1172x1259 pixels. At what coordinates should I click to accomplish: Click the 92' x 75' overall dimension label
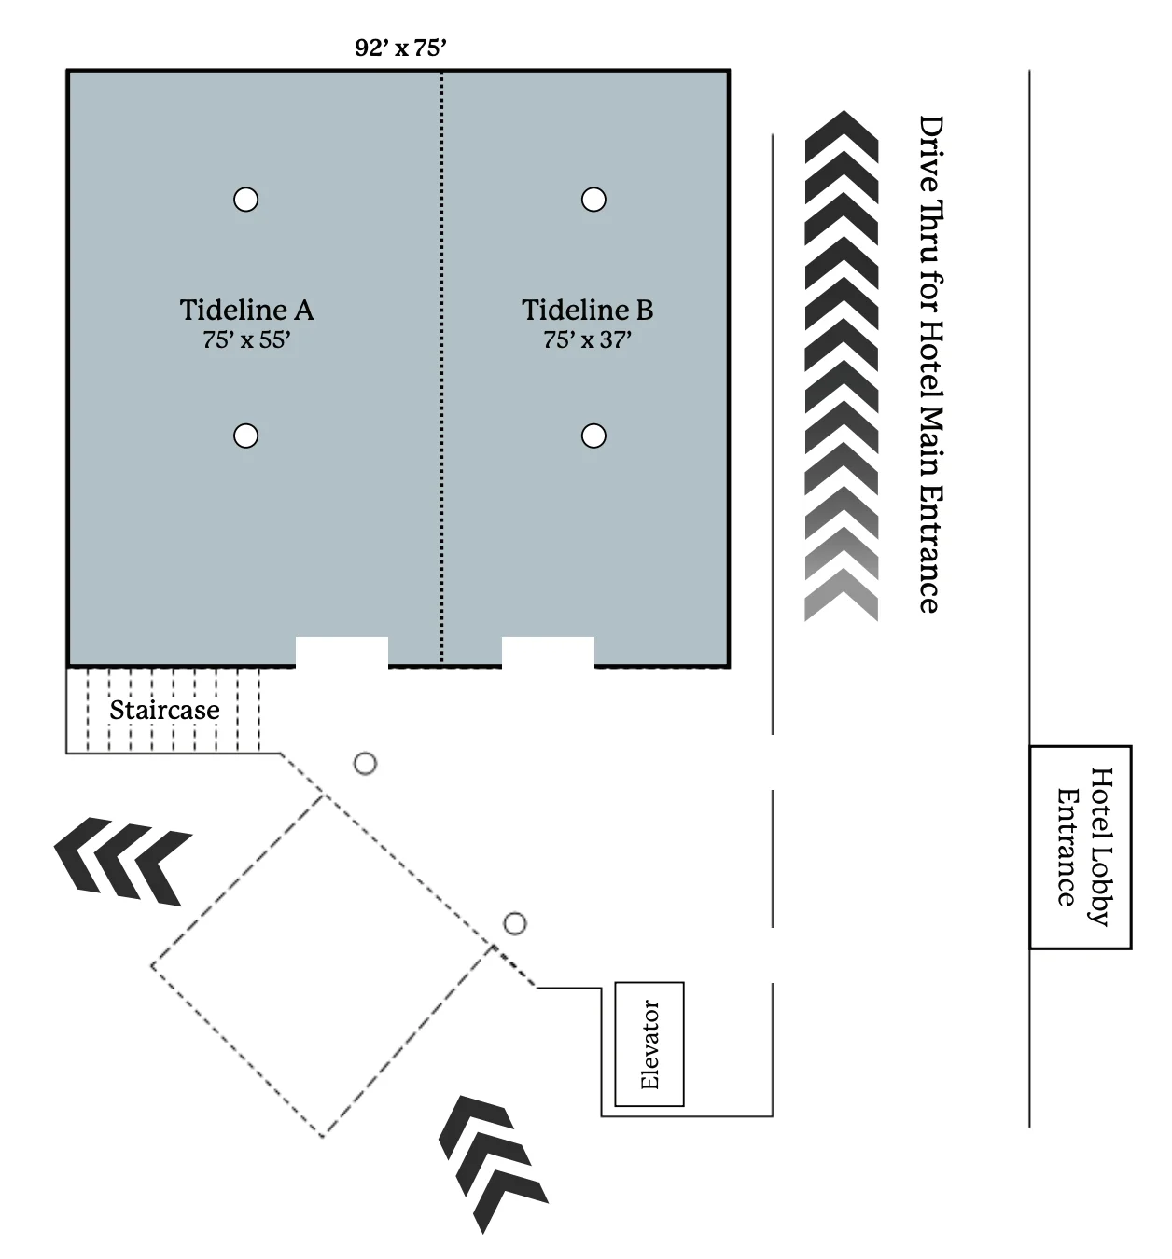pos(400,48)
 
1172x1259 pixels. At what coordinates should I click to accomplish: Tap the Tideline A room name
pos(246,310)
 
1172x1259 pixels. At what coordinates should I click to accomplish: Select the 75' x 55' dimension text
pos(246,340)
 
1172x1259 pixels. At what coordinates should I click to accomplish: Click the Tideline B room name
pos(587,310)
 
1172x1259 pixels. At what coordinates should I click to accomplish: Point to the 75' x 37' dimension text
pos(587,340)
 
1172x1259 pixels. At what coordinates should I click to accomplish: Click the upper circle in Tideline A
pos(245,200)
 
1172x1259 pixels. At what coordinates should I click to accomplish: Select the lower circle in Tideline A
pos(245,436)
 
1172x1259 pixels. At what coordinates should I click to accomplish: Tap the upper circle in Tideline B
pos(593,200)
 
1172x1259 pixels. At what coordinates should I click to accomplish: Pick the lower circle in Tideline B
pos(593,436)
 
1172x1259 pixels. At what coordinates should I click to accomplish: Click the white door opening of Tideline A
pos(342,652)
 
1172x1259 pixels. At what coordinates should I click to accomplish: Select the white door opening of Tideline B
pos(548,652)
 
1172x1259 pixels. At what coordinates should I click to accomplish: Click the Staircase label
pos(164,710)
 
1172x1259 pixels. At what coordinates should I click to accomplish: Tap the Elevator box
pos(649,1044)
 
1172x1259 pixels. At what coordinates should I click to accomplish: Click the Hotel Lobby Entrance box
pos(1080,847)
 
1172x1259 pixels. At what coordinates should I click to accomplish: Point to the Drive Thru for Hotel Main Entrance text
pos(929,364)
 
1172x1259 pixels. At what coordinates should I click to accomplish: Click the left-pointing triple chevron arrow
pos(122,860)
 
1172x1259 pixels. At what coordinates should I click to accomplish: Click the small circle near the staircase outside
pos(366,764)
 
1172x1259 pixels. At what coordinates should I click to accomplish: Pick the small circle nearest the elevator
pos(515,924)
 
